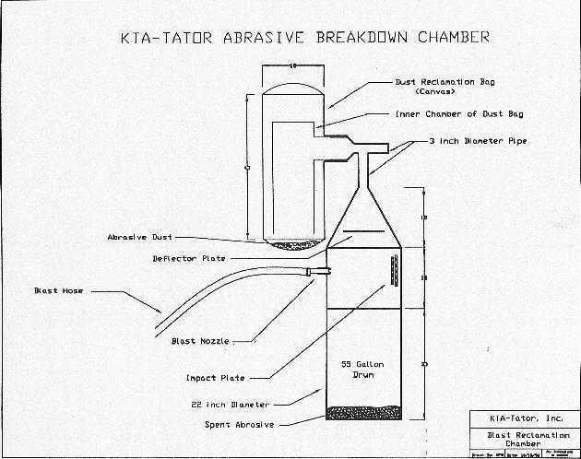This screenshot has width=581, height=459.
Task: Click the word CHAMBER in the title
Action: tap(448, 39)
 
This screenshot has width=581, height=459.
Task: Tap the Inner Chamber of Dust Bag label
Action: tap(446, 114)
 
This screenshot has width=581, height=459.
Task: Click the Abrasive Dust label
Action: tap(139, 238)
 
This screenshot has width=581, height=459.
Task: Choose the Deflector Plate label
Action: tap(188, 258)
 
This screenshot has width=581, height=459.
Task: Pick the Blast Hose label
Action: tap(58, 290)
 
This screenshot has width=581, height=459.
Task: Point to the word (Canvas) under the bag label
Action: tap(438, 92)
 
